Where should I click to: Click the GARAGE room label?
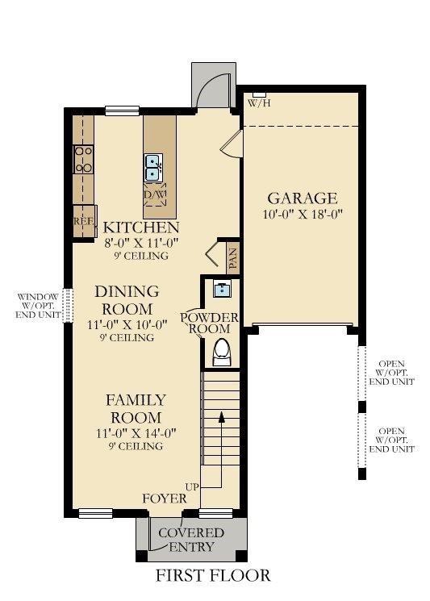point(303,198)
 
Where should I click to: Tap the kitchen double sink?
point(153,168)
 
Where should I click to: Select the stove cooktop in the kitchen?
point(84,160)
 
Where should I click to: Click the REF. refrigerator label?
point(84,221)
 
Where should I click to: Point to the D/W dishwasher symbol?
point(155,194)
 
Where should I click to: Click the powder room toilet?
point(222,353)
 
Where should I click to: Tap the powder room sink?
point(222,290)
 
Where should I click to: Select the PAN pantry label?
point(232,258)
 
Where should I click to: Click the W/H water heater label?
point(260,102)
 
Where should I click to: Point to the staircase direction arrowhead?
point(221,417)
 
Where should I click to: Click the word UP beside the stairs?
point(192,486)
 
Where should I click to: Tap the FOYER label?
point(165,499)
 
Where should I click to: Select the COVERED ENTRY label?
point(191,540)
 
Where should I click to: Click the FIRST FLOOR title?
point(213,576)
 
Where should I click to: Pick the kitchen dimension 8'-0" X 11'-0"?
point(142,243)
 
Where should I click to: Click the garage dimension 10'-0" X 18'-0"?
point(303,214)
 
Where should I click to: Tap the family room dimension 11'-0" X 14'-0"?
point(136,433)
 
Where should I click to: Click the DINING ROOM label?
point(127,300)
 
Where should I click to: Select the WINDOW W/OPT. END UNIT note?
point(38,306)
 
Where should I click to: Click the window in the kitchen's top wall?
point(123,111)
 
